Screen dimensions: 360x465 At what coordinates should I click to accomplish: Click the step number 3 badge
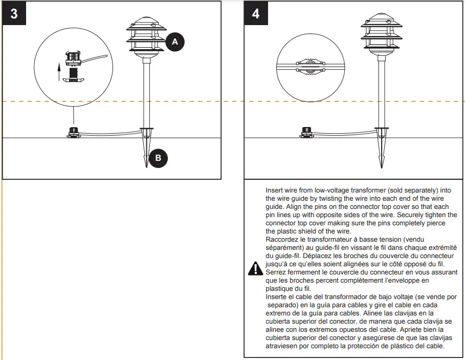(14, 13)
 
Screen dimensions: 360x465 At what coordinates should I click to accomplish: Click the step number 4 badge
(256, 13)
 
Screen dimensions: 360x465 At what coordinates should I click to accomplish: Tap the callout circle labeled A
(174, 42)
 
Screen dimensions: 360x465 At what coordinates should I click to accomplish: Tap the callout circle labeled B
(158, 158)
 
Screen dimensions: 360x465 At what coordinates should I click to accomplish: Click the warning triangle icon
(254, 268)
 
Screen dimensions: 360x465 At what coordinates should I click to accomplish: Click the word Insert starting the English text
(274, 189)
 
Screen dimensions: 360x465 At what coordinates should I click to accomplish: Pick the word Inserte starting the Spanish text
(277, 297)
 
